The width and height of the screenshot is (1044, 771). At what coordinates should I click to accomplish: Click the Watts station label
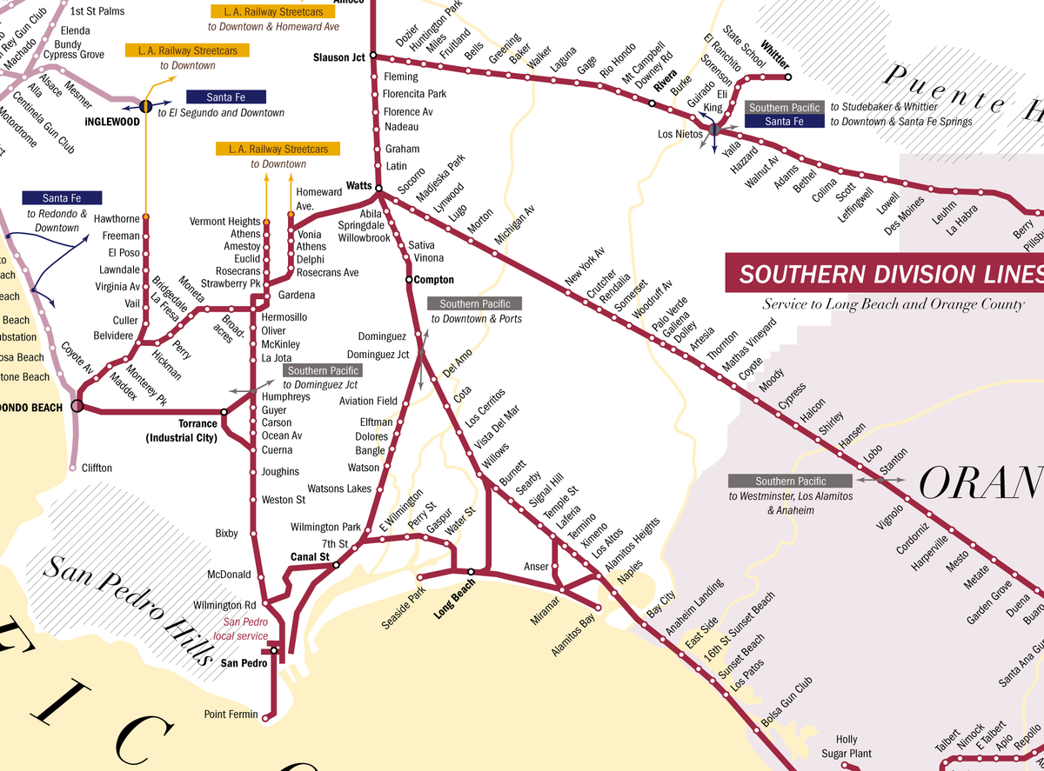pyautogui.click(x=358, y=186)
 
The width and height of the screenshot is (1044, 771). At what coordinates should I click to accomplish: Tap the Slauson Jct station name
pyautogui.click(x=338, y=57)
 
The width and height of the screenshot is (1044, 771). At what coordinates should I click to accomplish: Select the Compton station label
pyautogui.click(x=434, y=280)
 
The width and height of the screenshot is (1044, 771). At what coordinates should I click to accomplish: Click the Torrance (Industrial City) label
pyautogui.click(x=181, y=431)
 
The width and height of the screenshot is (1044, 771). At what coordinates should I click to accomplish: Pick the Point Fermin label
pyautogui.click(x=231, y=715)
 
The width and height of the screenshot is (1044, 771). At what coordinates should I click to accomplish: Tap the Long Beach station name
pyautogui.click(x=455, y=599)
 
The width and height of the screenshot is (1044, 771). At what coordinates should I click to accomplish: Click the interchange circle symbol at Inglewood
pyautogui.click(x=146, y=106)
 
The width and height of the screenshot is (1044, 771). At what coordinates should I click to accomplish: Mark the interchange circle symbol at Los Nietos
pyautogui.click(x=713, y=130)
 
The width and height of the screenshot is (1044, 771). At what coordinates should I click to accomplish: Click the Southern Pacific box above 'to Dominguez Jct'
pyautogui.click(x=322, y=370)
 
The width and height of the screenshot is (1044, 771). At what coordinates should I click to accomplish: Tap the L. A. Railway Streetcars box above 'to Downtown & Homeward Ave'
pyautogui.click(x=273, y=12)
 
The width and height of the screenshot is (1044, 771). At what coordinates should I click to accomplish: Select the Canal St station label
pyautogui.click(x=310, y=556)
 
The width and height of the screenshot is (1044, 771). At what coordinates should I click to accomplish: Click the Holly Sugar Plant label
pyautogui.click(x=847, y=747)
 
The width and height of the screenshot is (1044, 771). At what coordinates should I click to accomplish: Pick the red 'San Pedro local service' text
pyautogui.click(x=244, y=628)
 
